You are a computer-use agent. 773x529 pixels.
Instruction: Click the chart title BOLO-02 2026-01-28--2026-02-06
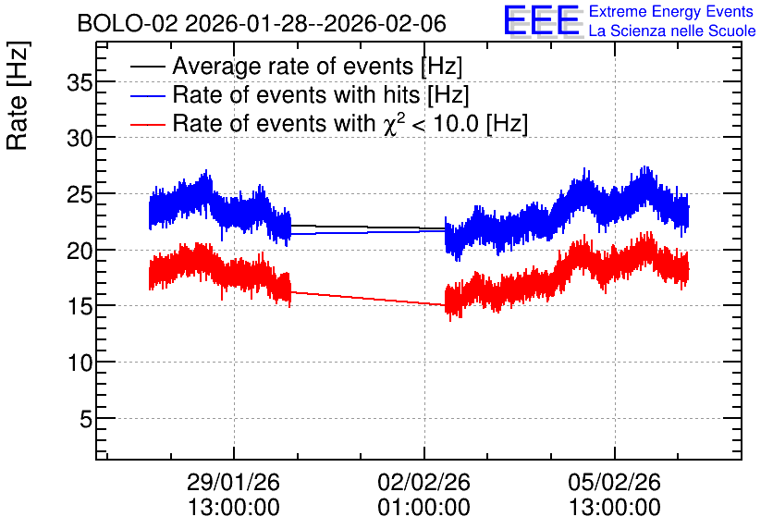coord(262,23)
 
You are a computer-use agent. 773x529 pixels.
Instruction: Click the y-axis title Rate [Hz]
coord(18,95)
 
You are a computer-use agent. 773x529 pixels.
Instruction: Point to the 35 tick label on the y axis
coord(80,83)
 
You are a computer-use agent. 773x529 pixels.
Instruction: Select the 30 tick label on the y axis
coord(80,139)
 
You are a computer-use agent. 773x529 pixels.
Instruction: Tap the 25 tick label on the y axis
coord(80,195)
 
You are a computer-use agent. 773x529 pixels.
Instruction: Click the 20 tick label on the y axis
coord(80,251)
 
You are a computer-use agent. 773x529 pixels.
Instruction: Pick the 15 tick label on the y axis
coord(80,307)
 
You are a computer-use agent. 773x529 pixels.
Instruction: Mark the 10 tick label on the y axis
coord(80,363)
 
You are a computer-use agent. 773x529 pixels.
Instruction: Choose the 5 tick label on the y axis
coord(86,420)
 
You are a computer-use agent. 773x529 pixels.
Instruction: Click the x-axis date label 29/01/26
coord(233,482)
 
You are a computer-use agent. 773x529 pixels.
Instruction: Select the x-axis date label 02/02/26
coord(424,482)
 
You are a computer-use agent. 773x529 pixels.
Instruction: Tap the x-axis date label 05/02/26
coord(614,482)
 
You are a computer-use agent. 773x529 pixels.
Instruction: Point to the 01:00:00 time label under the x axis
coord(424,508)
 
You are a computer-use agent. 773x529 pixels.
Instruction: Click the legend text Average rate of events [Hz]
coord(317,67)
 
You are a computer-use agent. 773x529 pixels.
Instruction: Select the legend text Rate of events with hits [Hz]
coord(321,94)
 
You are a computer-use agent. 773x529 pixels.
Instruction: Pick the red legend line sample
coord(148,124)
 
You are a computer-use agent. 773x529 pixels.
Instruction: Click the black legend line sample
coord(148,67)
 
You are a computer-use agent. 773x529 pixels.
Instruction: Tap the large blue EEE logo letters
coord(543,20)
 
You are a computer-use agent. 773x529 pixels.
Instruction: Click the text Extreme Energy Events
coord(671,11)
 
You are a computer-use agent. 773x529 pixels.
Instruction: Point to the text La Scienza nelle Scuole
coord(672,31)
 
